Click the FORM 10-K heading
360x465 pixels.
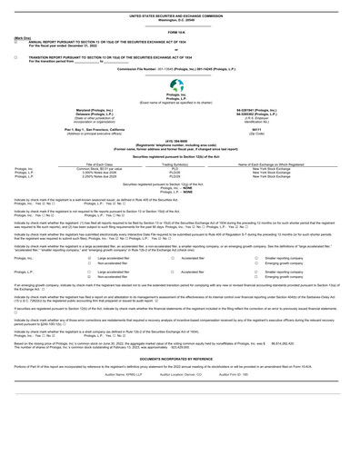pyautogui.click(x=180, y=33)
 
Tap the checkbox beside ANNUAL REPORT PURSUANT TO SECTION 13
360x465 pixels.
pyautogui.click(x=6, y=44)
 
